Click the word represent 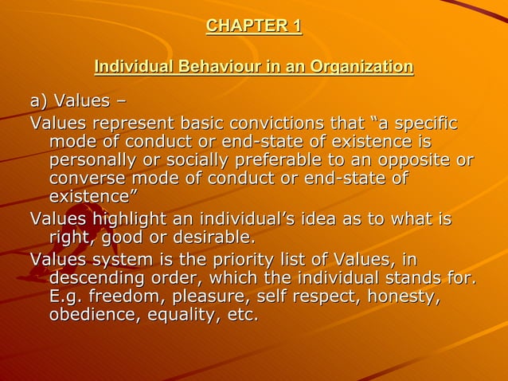click(131, 124)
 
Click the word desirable click(209, 237)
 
